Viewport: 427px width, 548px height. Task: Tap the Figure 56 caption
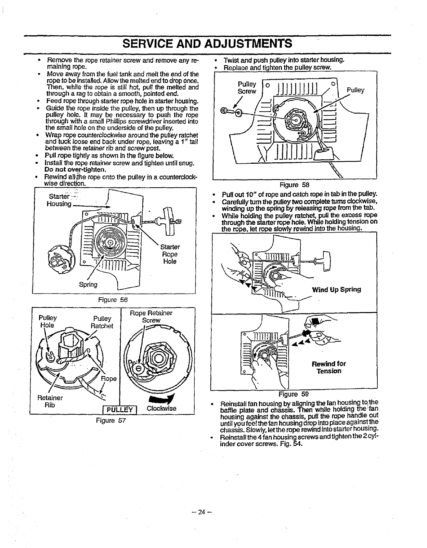pos(113,300)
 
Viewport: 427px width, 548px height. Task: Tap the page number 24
pos(202,512)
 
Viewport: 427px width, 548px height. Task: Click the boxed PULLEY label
pos(119,410)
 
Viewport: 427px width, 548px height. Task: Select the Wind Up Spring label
pos(336,289)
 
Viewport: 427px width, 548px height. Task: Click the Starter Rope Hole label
pos(170,254)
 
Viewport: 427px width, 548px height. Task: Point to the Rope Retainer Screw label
pos(151,316)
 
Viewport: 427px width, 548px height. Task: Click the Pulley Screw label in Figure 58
pos(247,88)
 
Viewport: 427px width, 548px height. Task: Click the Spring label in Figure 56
pos(88,284)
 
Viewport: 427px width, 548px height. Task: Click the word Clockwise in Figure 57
pos(161,409)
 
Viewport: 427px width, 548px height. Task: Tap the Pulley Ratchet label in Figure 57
pos(102,322)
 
